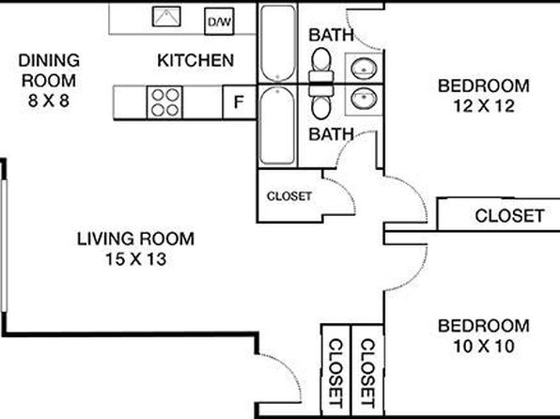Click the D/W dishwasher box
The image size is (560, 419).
[x=219, y=22]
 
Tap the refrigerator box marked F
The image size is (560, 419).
[x=239, y=102]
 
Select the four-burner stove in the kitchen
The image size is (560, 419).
[x=164, y=102]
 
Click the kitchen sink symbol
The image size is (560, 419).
[x=166, y=16]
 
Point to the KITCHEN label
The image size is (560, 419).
[x=195, y=60]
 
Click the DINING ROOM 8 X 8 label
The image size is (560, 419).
[x=49, y=81]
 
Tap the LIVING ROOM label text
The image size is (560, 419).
[x=135, y=239]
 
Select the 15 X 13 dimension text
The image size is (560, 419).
[x=135, y=259]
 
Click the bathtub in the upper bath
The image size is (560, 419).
[x=278, y=43]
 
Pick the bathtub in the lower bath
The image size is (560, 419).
[x=277, y=125]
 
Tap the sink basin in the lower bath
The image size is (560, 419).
[x=364, y=99]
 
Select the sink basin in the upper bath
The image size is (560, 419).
[x=364, y=68]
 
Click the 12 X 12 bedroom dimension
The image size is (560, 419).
[x=484, y=106]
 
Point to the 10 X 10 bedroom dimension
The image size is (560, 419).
[x=484, y=346]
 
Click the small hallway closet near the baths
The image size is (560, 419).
[x=289, y=196]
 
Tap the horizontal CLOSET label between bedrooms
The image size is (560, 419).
[x=509, y=216]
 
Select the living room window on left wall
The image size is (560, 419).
[x=4, y=246]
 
